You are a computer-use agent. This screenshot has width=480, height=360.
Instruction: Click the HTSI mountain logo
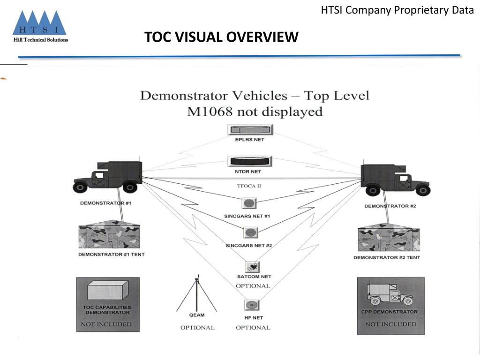pos(39,23)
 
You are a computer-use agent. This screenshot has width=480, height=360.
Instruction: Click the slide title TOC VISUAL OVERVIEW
pos(221,37)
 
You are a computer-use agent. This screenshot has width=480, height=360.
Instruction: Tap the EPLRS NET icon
pos(250,129)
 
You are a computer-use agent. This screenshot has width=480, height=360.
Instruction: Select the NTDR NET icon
pos(250,161)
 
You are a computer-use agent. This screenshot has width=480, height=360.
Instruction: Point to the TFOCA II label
pos(249,186)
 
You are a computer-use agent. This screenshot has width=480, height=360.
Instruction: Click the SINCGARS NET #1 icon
pos(249,203)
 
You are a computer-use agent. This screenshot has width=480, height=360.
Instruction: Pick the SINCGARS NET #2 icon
pos(250,232)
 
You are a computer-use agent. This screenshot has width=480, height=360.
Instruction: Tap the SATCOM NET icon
pos(253,267)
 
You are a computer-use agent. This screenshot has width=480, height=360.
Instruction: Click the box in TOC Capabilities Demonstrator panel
pos(108,291)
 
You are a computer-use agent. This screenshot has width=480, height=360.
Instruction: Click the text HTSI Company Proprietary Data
pos(397,10)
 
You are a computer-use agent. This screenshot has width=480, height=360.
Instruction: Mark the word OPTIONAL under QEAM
pos(197,328)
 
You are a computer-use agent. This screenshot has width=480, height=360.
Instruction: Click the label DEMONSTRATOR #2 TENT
pos(387,258)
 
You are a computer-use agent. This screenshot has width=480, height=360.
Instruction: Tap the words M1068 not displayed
pos(255,112)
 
